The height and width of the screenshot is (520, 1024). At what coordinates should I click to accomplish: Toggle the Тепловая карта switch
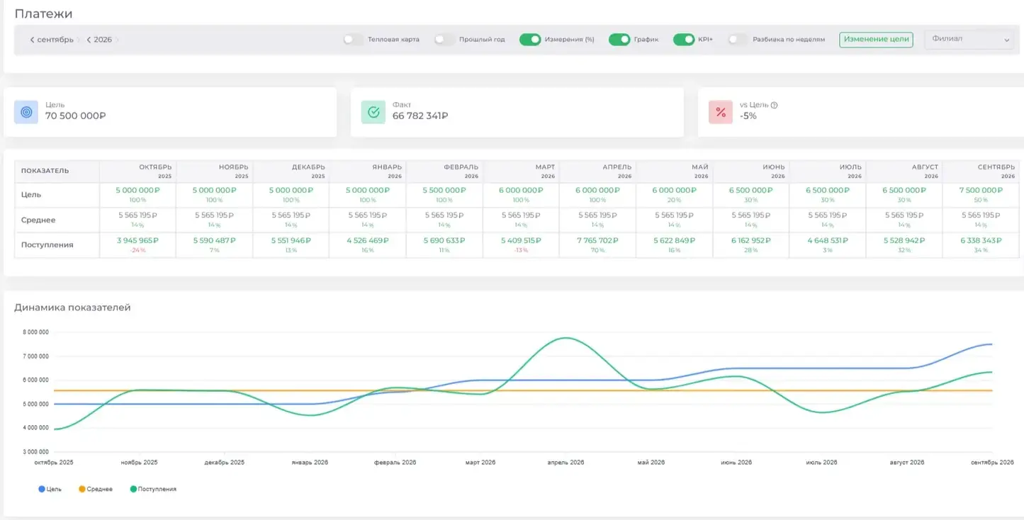point(352,39)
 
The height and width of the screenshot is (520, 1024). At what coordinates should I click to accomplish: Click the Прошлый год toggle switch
point(444,39)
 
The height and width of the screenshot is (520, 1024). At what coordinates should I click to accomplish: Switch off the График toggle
point(619,39)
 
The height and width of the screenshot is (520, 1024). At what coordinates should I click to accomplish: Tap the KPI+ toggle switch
point(684,39)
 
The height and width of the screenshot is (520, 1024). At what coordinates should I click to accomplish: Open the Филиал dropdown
point(969,39)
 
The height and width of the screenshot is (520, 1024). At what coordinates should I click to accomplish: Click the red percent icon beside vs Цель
point(721,112)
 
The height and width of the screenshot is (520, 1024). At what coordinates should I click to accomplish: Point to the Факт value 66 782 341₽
point(420,116)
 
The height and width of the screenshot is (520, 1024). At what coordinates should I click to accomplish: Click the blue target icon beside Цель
point(26,112)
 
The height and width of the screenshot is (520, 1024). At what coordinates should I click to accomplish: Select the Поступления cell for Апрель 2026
point(597,245)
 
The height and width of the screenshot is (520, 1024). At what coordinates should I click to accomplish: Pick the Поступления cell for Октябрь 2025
point(137,245)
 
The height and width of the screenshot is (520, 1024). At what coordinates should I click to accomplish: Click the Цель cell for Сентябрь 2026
point(981,195)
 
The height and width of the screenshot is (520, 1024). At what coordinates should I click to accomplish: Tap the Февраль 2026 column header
point(461,171)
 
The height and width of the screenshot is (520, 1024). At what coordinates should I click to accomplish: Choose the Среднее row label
point(38,220)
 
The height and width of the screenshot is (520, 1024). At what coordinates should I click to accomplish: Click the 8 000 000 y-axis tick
point(35,332)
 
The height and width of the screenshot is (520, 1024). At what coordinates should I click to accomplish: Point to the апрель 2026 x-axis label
point(566,463)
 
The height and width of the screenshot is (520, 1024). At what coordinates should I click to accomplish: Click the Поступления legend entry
point(153,489)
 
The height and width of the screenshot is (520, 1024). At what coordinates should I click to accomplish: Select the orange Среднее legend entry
point(96,489)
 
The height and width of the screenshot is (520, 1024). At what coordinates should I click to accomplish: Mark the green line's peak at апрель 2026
point(566,338)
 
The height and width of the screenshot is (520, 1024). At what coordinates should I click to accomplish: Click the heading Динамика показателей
point(72,307)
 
